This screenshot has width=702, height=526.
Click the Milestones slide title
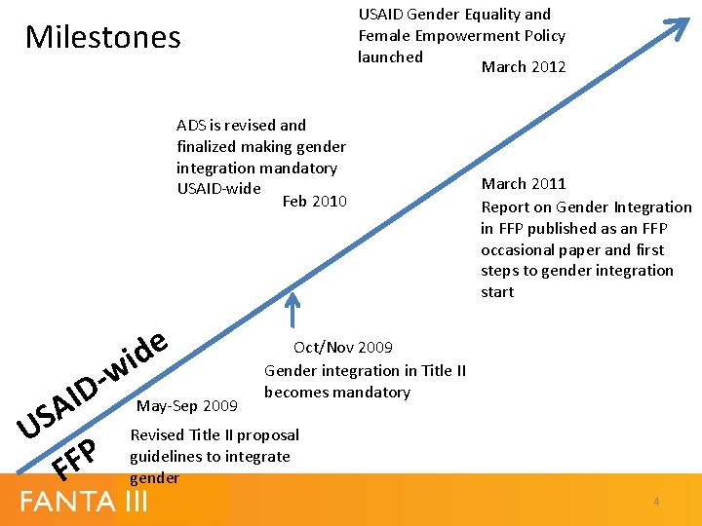(x=102, y=37)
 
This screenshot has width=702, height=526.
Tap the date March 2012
(x=524, y=66)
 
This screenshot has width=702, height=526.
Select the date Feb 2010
(x=314, y=201)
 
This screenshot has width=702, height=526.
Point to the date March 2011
(x=524, y=183)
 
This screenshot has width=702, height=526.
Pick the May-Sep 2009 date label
(x=188, y=404)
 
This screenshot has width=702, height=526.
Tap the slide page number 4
(x=656, y=502)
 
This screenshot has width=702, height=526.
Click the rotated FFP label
(x=75, y=458)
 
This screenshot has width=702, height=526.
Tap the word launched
(x=390, y=56)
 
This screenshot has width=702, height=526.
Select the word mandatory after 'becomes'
(x=372, y=392)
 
